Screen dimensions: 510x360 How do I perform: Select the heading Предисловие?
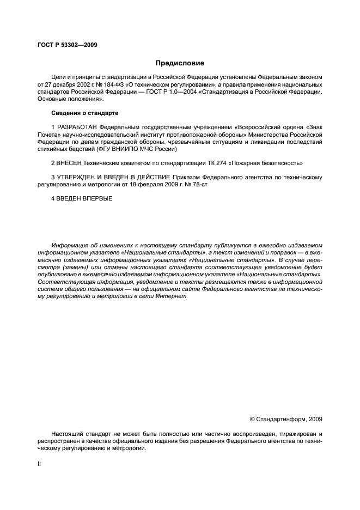(180, 63)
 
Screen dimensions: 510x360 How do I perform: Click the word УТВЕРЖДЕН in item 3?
(77, 177)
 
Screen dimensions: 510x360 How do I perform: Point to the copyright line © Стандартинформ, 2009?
(285, 419)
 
